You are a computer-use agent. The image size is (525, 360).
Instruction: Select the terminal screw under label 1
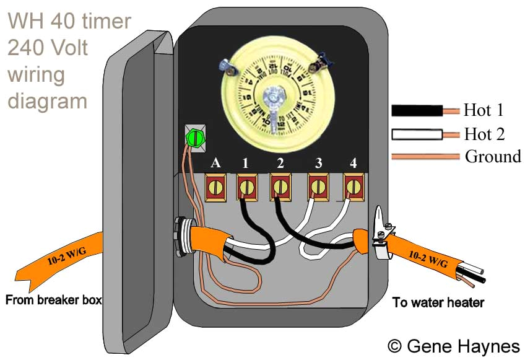(x=246, y=186)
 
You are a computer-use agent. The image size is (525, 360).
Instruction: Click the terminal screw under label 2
(x=280, y=186)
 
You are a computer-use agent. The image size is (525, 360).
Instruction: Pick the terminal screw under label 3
(x=318, y=186)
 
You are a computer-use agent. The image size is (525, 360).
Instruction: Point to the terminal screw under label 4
(x=353, y=186)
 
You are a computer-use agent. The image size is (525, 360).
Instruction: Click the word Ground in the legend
(x=493, y=156)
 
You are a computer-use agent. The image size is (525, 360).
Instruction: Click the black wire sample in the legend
(x=417, y=111)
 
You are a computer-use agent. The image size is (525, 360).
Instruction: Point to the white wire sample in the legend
(x=417, y=134)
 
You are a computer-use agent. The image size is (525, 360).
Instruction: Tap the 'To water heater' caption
(x=438, y=302)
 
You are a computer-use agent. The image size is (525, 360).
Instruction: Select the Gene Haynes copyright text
(x=454, y=345)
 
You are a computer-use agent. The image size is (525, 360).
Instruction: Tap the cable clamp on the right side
(x=383, y=239)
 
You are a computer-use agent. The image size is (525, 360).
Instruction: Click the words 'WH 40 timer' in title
(x=69, y=22)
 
